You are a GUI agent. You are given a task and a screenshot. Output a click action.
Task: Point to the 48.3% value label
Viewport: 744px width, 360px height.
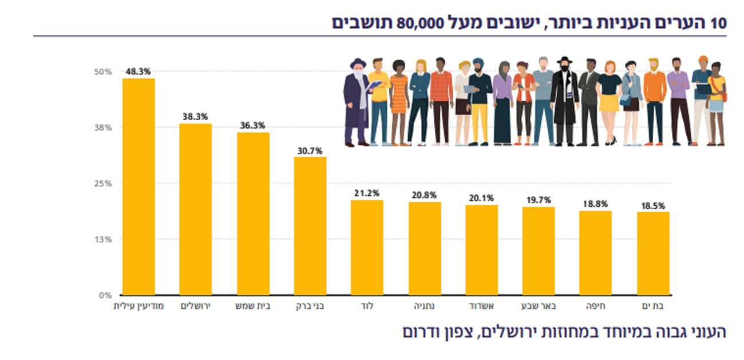click(138, 72)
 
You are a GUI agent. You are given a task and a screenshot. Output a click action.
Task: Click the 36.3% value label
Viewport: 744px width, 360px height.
click(252, 126)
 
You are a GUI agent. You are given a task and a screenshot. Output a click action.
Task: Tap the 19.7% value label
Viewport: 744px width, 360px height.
click(539, 200)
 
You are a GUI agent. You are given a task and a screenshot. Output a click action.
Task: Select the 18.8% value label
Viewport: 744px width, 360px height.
click(595, 204)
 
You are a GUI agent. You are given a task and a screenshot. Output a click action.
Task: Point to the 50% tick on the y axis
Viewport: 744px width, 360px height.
click(103, 72)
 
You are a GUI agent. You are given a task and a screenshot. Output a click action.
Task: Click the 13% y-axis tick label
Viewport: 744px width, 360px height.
click(103, 239)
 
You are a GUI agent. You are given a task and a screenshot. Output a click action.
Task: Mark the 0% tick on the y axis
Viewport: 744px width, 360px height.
click(105, 295)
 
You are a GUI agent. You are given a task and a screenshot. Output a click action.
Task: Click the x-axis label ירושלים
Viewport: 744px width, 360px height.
click(196, 306)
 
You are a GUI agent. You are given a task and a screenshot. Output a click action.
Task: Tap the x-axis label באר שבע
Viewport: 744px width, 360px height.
click(539, 306)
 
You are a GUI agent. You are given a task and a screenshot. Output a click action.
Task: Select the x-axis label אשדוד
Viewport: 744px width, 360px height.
click(482, 306)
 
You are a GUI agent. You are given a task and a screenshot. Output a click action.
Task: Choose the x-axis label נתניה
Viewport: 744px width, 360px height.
click(424, 306)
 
